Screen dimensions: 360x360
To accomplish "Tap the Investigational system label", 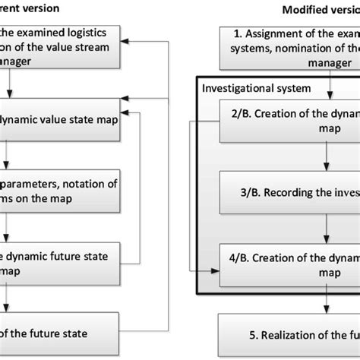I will click(246, 89).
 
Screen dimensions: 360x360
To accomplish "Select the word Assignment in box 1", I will click(276, 34).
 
